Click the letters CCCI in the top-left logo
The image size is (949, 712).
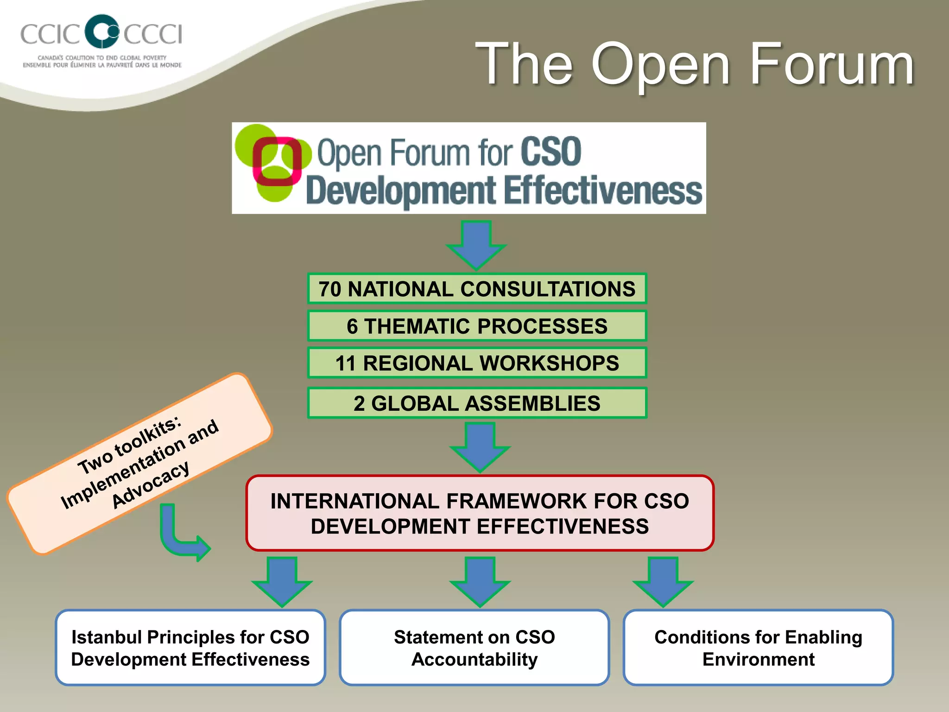point(153,34)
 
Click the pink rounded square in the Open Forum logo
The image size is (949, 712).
point(276,161)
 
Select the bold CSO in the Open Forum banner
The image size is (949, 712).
point(550,152)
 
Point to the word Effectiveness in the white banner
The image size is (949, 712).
point(602,191)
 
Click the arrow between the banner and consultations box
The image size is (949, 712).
point(476,245)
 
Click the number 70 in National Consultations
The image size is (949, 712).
point(330,289)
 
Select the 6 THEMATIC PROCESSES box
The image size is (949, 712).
point(477,326)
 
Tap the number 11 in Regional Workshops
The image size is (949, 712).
point(345,363)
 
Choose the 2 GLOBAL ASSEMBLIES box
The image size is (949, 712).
point(477,403)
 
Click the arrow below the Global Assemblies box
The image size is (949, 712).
point(480,446)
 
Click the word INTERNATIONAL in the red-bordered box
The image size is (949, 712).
point(355,501)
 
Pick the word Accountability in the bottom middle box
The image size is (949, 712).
point(474,659)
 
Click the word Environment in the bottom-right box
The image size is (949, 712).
point(758,659)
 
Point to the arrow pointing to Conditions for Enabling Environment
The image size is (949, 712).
point(663,582)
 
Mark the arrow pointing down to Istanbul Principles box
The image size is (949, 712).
point(282,582)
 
